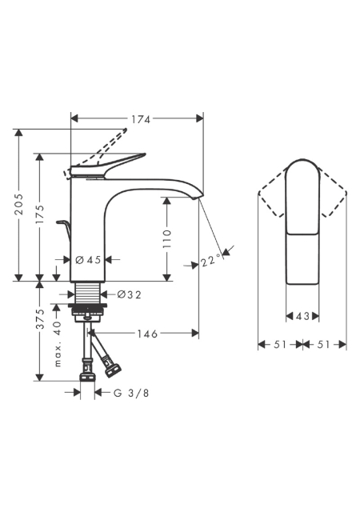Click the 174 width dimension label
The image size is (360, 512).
[x=141, y=119]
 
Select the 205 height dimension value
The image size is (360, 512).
[x=20, y=205]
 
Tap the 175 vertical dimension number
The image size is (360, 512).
[x=40, y=214]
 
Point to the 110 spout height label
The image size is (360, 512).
[x=167, y=238]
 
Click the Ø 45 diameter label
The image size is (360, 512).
[x=88, y=260]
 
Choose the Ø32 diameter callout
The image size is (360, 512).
[x=130, y=295]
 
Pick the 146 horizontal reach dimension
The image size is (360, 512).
[x=147, y=334]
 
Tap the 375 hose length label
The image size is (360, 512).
[x=40, y=319]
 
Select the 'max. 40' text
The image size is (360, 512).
[x=58, y=344]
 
